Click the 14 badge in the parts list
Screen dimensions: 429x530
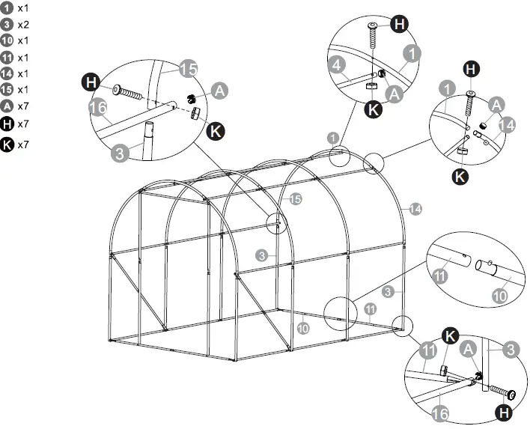[x=7, y=73]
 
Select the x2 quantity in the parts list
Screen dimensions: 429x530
[x=23, y=25]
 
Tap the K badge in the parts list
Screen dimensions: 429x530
[x=7, y=144]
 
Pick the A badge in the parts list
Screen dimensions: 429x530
[x=7, y=106]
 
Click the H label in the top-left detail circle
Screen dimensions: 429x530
[x=91, y=81]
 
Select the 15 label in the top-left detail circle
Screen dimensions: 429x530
[x=189, y=70]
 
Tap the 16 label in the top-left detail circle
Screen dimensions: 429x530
[x=98, y=108]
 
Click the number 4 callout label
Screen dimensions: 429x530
[x=337, y=66]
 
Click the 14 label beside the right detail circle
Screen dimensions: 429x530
[x=507, y=125]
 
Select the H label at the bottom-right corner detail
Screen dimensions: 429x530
[x=505, y=411]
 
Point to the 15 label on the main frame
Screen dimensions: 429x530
[x=295, y=198]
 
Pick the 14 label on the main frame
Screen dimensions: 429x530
[x=415, y=208]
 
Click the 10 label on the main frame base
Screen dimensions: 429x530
[x=302, y=328]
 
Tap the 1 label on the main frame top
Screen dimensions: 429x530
[x=332, y=138]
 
